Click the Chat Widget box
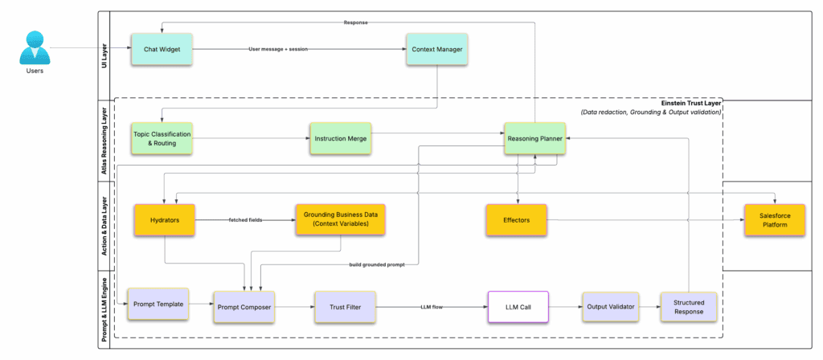(162, 49)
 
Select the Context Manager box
(436, 49)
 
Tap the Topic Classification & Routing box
(162, 137)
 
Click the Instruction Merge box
(341, 138)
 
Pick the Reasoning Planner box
(534, 138)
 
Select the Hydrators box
(164, 219)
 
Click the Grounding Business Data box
(339, 219)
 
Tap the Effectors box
(518, 219)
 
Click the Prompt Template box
(158, 304)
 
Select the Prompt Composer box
(244, 307)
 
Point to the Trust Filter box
(344, 307)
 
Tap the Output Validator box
(610, 307)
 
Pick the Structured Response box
(687, 307)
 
